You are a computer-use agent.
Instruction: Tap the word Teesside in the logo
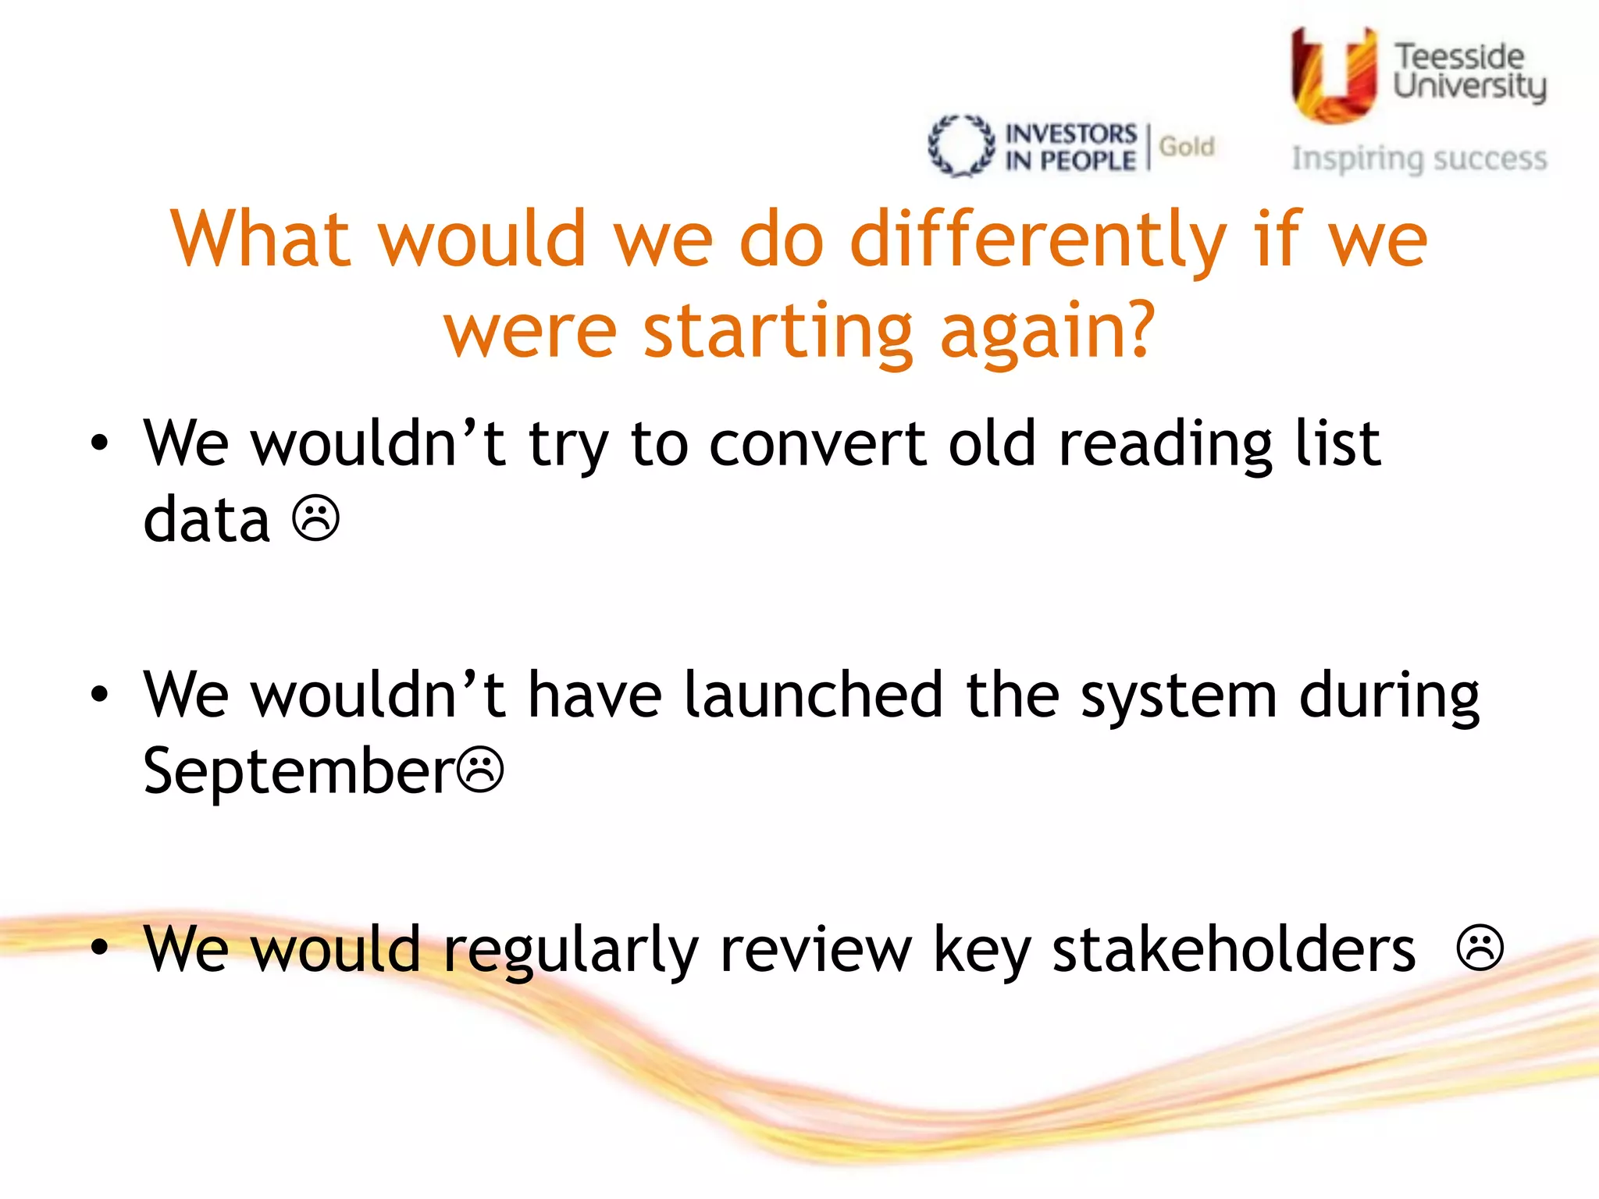point(1458,57)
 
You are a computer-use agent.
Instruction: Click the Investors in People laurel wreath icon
point(961,146)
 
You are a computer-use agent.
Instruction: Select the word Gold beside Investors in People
point(1186,146)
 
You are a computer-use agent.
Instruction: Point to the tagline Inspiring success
point(1419,158)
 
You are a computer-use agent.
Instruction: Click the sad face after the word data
point(316,518)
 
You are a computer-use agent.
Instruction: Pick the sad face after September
point(480,770)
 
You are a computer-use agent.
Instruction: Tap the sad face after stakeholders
point(1480,948)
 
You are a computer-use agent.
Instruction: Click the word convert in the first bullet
point(818,444)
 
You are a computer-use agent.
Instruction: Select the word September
point(298,772)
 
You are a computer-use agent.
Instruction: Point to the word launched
point(813,695)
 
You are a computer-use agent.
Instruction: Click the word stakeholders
point(1234,949)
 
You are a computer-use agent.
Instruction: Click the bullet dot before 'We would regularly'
point(99,947)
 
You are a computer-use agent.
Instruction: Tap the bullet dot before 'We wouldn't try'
point(99,443)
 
